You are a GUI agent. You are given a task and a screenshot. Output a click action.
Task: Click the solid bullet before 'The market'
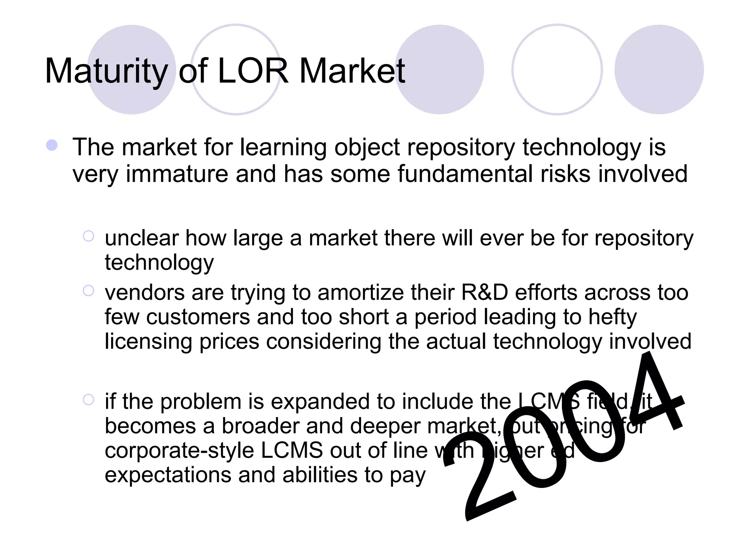[52, 146]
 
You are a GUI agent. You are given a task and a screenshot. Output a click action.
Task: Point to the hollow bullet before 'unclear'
[88, 236]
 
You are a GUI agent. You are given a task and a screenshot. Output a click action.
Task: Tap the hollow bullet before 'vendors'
[88, 291]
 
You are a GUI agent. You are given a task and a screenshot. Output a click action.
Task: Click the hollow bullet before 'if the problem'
[88, 400]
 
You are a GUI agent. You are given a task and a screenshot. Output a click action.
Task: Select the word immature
[177, 174]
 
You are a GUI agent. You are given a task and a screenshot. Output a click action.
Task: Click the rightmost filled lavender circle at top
[659, 69]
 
